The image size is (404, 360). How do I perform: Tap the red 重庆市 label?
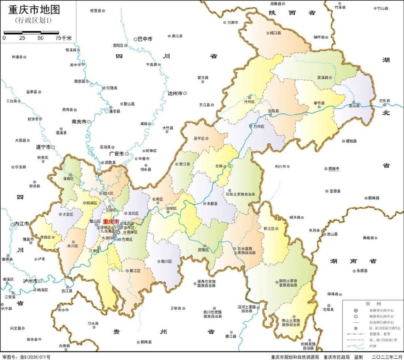111,222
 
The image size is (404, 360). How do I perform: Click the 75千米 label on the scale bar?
64,38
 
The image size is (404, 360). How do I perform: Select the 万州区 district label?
258,126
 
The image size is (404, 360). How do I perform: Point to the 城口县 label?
275,33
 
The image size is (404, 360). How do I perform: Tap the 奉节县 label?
319,103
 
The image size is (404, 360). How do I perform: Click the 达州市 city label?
175,94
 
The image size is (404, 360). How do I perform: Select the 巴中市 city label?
145,39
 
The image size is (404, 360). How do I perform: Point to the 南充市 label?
79,122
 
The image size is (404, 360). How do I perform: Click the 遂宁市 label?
43,147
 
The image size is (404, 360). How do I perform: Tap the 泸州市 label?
30,281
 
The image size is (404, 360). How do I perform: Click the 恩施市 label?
333,169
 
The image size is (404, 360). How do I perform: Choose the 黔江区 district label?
269,229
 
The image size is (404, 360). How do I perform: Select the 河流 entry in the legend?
372,346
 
